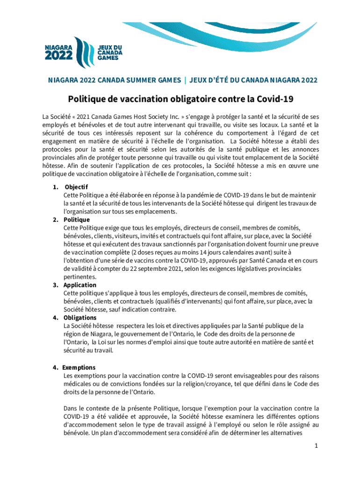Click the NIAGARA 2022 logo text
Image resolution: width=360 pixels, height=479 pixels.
[58, 52]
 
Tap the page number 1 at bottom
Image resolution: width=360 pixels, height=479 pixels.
[316, 459]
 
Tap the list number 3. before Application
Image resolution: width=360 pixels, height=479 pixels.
[55, 285]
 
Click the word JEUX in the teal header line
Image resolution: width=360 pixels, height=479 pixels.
[201, 80]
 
